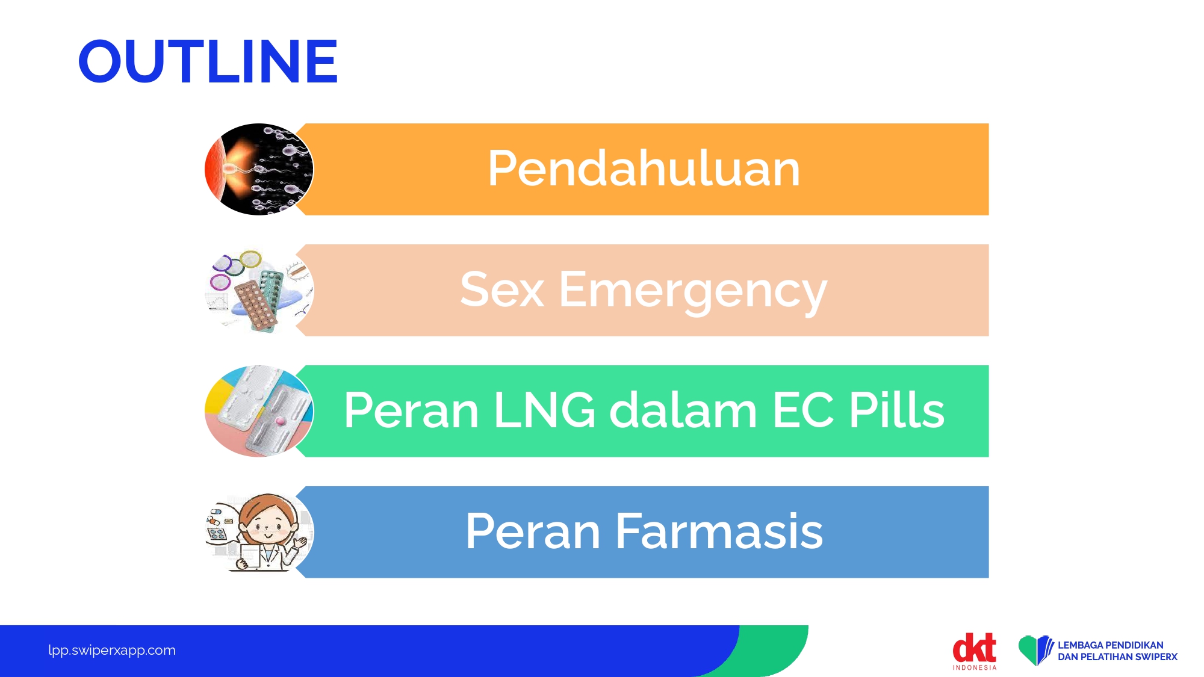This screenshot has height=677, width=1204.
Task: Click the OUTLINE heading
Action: click(208, 61)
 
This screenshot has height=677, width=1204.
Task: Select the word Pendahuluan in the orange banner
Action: click(644, 168)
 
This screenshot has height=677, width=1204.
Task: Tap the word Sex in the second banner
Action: click(502, 290)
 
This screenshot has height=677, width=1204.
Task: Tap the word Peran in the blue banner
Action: click(533, 531)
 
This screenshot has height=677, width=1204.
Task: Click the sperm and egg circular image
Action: click(259, 169)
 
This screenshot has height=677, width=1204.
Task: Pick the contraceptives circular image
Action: click(259, 290)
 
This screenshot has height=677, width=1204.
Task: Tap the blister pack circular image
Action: click(259, 411)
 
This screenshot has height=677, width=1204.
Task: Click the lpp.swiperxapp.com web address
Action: click(112, 651)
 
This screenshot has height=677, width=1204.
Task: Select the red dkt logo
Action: click(974, 648)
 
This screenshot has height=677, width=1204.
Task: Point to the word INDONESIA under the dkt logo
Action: click(975, 667)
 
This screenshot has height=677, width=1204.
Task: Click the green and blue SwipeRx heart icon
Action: click(1035, 651)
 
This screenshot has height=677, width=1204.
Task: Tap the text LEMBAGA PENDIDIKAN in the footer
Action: click(1111, 645)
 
